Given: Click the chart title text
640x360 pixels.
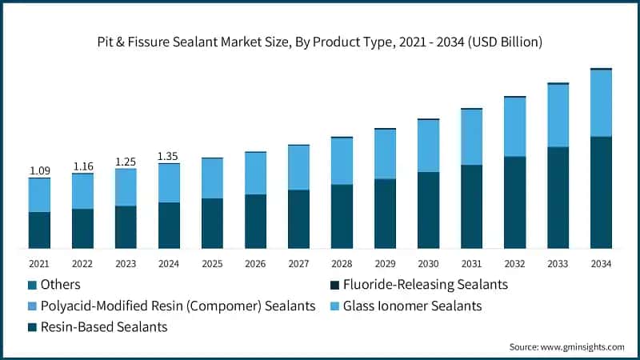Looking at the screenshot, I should coord(320,42).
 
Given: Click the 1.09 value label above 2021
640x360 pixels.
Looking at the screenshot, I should coord(39,170).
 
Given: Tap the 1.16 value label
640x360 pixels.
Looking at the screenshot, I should coord(82,166).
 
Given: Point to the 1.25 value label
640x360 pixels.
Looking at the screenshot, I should coord(126,162).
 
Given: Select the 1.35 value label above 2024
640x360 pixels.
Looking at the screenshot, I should coord(169,156).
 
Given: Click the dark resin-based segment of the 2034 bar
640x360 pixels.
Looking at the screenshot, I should coord(601,192).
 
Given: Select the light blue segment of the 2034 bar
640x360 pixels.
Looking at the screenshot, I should coord(601,103).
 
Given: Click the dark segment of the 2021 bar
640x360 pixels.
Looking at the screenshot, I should coord(39,230).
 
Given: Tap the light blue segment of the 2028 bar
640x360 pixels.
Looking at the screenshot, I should coord(342,161).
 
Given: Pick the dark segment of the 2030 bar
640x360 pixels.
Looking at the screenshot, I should coord(428,210).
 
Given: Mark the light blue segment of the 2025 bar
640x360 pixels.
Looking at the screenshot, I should coord(212,178).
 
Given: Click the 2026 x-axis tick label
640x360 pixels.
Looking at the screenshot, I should coord(255,263).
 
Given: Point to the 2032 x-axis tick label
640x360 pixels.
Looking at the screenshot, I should coord(514,263).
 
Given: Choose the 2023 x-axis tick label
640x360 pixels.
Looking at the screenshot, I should coord(126,263).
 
